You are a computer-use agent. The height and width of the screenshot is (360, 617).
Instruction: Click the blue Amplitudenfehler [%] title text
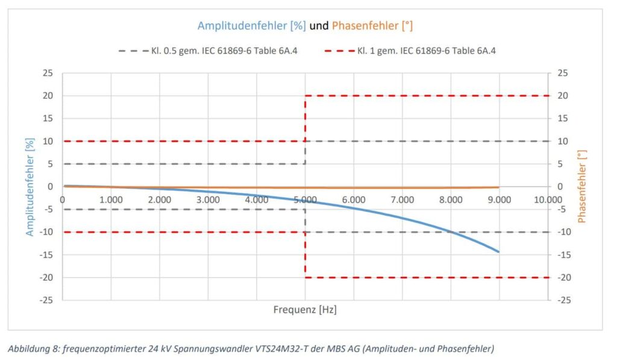[252, 26]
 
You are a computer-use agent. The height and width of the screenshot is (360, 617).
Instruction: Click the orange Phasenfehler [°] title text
[372, 26]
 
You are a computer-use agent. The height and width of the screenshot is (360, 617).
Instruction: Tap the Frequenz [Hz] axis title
[305, 310]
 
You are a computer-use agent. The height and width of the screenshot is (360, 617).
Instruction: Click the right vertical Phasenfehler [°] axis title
[581, 186]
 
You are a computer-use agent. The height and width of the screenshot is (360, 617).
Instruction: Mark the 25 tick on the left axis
[49, 73]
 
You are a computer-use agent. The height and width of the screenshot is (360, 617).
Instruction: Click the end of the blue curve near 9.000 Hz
[498, 251]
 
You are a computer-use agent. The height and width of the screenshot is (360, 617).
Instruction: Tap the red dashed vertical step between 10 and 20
[305, 118]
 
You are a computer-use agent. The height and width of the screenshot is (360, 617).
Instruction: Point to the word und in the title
[319, 26]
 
